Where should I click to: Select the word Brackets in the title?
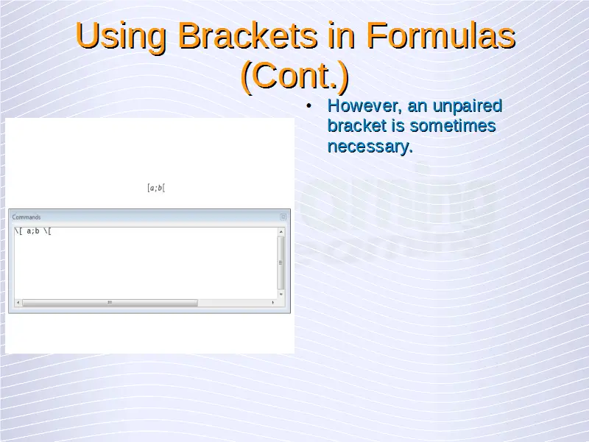pos(247,35)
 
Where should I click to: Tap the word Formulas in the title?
pos(440,35)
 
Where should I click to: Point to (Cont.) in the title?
pos(295,76)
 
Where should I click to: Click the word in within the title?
pos(341,35)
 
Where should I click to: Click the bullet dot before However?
pos(308,106)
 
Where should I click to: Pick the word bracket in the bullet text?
pos(356,125)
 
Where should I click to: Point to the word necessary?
pos(370,146)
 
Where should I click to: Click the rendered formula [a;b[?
pos(156,188)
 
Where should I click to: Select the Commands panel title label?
pos(27,217)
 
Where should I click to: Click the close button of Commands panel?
pos(283,217)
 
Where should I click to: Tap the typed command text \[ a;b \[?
pos(32,231)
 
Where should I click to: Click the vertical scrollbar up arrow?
pos(281,232)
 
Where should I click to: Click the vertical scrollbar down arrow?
pos(281,294)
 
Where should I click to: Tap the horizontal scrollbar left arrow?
pos(18,303)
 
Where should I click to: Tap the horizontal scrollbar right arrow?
pos(273,303)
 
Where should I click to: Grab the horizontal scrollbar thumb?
pos(110,303)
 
